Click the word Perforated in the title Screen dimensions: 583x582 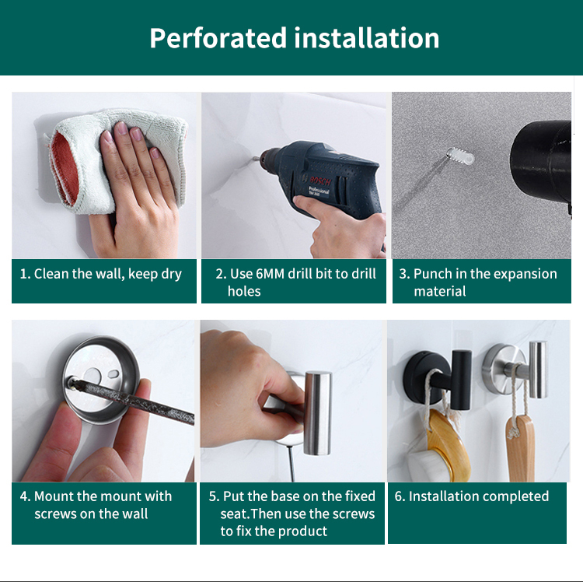coord(218,38)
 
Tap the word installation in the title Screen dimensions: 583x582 coord(367,37)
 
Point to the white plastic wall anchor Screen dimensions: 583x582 coord(460,156)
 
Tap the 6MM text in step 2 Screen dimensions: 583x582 coord(271,274)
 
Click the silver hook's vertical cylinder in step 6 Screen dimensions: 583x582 coord(538,369)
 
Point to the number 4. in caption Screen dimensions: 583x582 coord(26,496)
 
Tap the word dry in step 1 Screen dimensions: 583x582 coord(172,275)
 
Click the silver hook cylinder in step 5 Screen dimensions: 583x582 coord(317,412)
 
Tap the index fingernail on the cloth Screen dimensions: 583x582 coord(121,128)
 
